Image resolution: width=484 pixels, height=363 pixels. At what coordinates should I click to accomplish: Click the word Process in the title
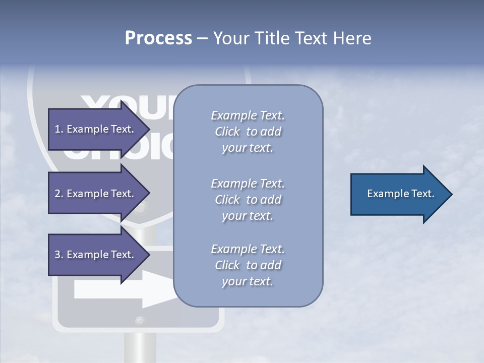158,38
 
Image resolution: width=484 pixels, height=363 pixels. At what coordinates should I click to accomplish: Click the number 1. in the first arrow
59,129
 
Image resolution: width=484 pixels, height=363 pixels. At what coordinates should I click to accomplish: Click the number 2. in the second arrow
59,194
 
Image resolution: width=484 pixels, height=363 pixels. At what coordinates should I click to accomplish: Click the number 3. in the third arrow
59,255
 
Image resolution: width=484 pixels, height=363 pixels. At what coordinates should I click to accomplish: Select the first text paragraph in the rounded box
248,132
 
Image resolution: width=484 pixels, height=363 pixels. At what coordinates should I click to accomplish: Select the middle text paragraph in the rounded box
248,199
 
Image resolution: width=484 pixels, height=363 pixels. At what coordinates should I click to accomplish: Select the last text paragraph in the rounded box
248,265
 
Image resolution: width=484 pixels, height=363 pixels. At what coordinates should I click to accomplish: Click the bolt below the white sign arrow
140,320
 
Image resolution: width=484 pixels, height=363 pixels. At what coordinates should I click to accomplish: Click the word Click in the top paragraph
227,132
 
